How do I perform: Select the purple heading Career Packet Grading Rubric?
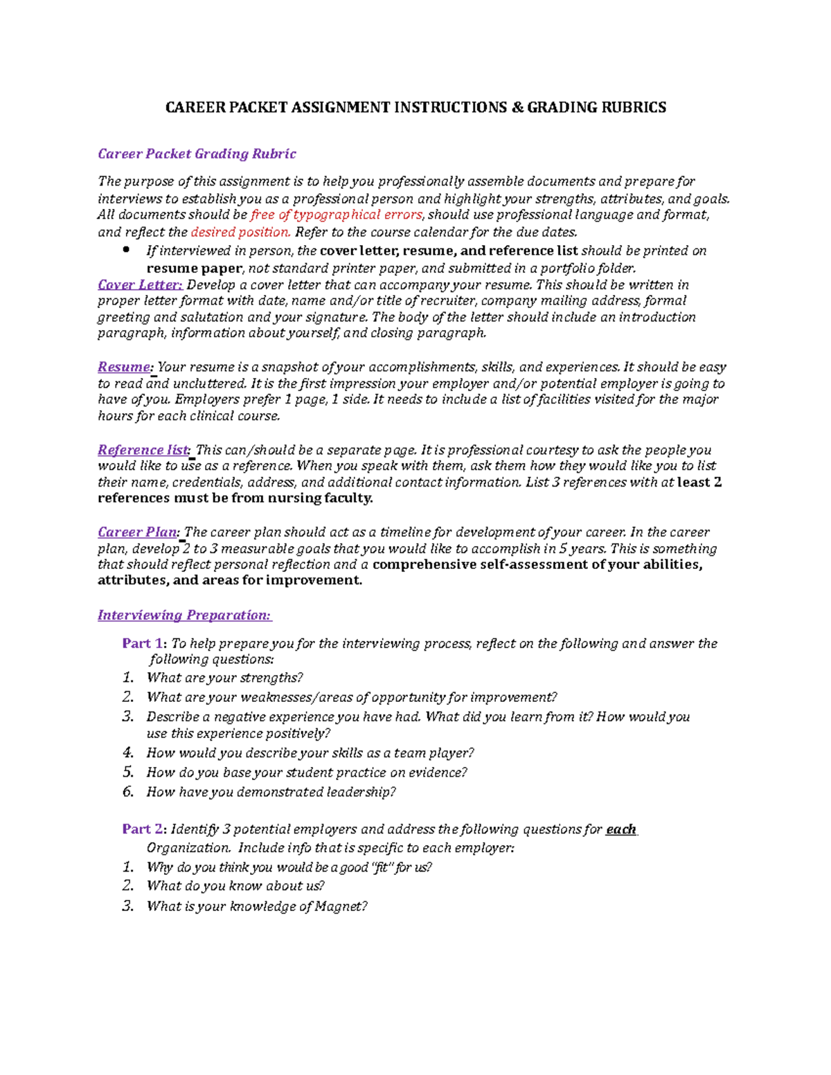(197, 154)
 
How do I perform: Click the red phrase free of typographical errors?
(336, 215)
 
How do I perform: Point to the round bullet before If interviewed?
(126, 250)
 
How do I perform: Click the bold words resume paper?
(194, 268)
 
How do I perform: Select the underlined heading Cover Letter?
(140, 284)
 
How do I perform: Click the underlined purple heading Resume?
(125, 367)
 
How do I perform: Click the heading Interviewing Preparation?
(184, 615)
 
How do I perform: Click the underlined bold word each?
(620, 829)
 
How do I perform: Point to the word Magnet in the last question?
(339, 906)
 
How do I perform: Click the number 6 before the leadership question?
(127, 792)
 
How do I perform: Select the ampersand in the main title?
(517, 107)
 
